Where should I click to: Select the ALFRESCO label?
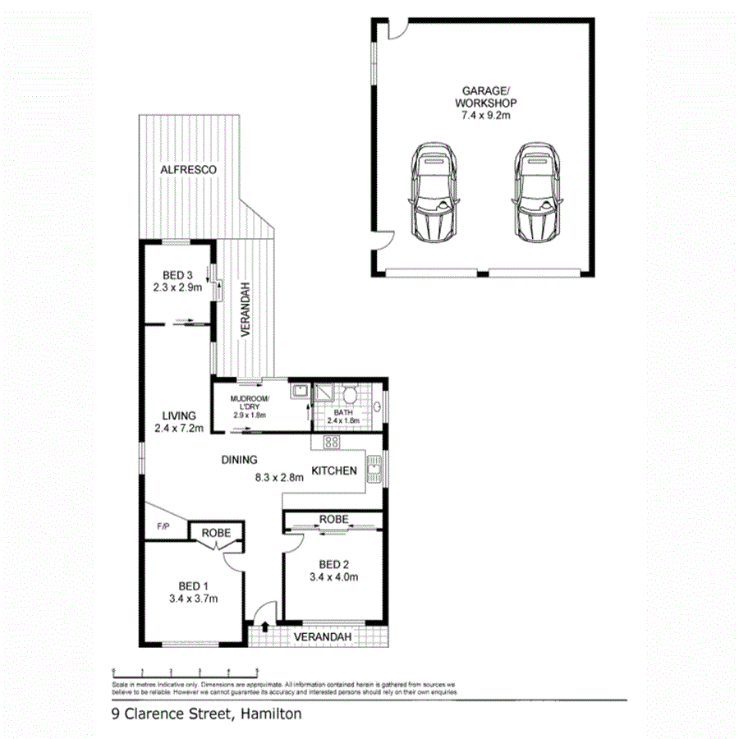click(x=188, y=168)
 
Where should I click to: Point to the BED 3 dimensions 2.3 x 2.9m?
click(x=177, y=288)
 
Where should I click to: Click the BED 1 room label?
click(x=193, y=585)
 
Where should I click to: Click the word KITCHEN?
click(x=333, y=470)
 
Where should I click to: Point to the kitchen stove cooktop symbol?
click(x=331, y=442)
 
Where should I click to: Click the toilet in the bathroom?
click(x=350, y=395)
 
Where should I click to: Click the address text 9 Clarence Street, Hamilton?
click(x=207, y=714)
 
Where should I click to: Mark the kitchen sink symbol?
click(x=374, y=472)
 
